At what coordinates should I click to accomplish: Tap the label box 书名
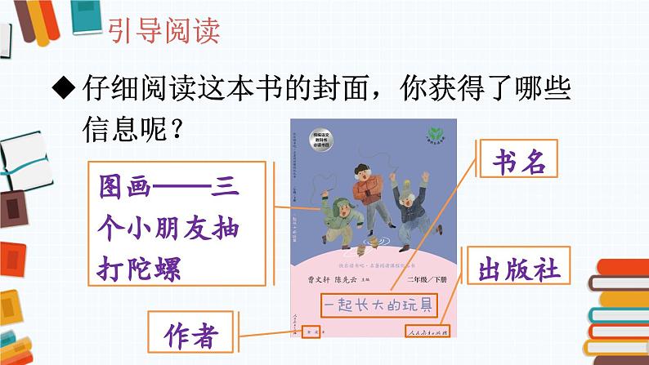(523, 162)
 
